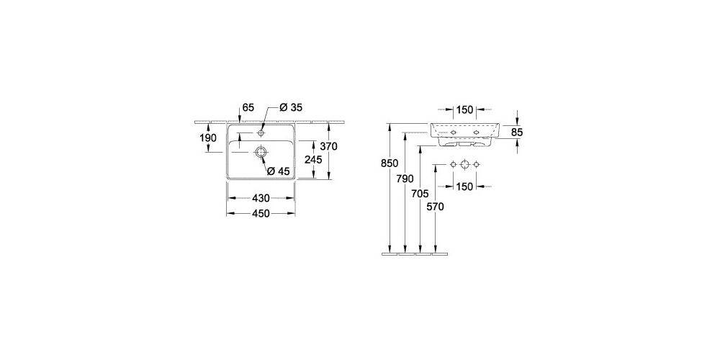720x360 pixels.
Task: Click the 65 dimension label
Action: pyautogui.click(x=248, y=107)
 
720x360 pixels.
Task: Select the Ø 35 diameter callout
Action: pyautogui.click(x=291, y=107)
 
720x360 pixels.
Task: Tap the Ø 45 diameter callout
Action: pyautogui.click(x=278, y=171)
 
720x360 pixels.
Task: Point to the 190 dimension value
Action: pyautogui.click(x=208, y=138)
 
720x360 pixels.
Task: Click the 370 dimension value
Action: pyautogui.click(x=329, y=147)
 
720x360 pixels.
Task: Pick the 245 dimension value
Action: pyautogui.click(x=313, y=160)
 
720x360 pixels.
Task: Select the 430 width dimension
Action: pyautogui.click(x=261, y=199)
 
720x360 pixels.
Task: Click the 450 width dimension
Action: pyautogui.click(x=261, y=214)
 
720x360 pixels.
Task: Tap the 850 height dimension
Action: pyautogui.click(x=390, y=163)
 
